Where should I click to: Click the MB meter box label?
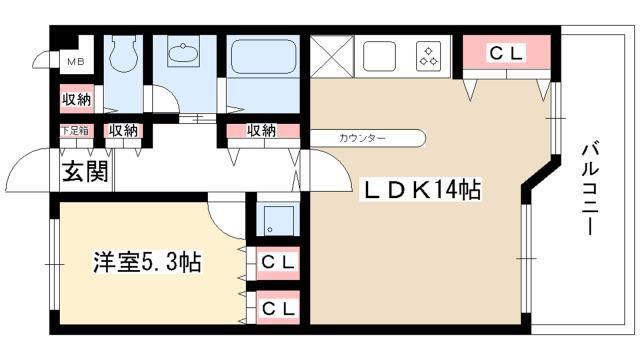[76, 62]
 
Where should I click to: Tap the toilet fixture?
[123, 53]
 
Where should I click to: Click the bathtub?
[263, 56]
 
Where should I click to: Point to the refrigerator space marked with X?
[331, 56]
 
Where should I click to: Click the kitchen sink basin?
[379, 56]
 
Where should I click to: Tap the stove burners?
[429, 56]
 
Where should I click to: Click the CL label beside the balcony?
[506, 53]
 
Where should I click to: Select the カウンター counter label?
[362, 138]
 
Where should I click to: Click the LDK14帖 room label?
[421, 189]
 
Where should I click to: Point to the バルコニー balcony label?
[589, 188]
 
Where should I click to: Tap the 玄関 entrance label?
[85, 171]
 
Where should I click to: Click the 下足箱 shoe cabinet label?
[75, 131]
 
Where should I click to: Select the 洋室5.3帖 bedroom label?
[147, 262]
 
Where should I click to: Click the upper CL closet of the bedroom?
[278, 262]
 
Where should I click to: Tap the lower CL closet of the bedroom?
[278, 308]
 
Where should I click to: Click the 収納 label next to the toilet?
[77, 99]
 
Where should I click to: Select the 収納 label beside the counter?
[261, 131]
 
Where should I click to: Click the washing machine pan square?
[279, 221]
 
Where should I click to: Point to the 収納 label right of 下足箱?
[123, 131]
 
